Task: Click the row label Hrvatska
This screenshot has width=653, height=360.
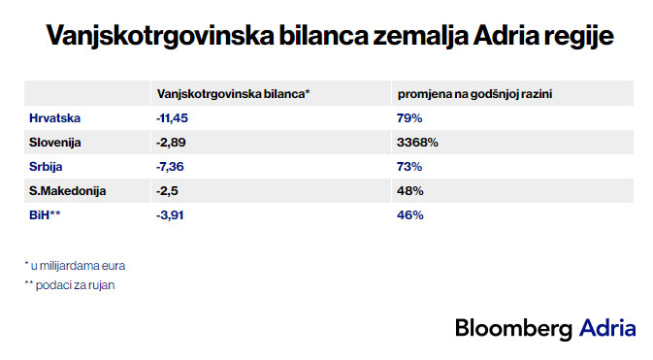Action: (54, 118)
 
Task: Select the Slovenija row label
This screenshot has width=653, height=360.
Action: (55, 143)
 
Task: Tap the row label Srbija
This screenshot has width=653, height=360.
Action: (49, 167)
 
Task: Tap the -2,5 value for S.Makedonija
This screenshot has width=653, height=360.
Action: (166, 191)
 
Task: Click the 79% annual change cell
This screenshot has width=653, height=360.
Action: (409, 118)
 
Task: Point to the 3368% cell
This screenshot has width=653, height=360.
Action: (418, 143)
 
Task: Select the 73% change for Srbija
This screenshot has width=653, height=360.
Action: (409, 167)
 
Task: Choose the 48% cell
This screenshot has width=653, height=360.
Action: (409, 191)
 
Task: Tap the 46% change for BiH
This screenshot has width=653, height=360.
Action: (409, 215)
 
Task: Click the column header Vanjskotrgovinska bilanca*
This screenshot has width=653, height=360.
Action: (233, 93)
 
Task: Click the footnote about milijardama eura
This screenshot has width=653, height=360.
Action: (75, 264)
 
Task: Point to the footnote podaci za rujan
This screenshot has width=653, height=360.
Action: (69, 285)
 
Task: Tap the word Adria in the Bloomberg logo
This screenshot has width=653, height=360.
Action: (607, 328)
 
